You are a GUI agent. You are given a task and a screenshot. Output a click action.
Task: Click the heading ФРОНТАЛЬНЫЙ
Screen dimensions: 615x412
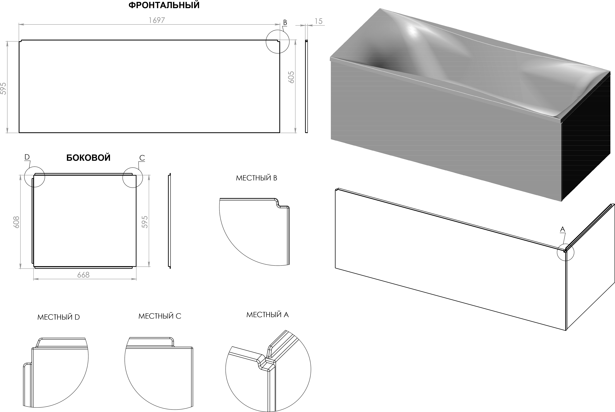(x=164, y=5)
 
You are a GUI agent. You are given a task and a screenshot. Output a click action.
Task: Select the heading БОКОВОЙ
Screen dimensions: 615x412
(x=88, y=158)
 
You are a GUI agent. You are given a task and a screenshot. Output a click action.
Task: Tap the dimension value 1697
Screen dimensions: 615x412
(x=157, y=20)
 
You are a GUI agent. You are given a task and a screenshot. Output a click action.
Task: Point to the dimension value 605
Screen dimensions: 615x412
(x=291, y=77)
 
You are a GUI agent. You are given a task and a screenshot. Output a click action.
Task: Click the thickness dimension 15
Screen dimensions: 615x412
(x=318, y=21)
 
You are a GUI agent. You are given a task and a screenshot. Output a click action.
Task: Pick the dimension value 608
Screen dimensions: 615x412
(x=16, y=222)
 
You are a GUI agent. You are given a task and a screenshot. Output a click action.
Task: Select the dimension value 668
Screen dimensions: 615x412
(x=83, y=275)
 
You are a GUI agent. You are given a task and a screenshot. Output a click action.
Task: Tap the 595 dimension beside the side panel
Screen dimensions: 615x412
(x=145, y=222)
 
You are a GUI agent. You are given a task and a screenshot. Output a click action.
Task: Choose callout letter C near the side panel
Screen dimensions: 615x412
(x=142, y=158)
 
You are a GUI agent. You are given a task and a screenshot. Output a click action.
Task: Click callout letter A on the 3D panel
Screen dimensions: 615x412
(x=562, y=229)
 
